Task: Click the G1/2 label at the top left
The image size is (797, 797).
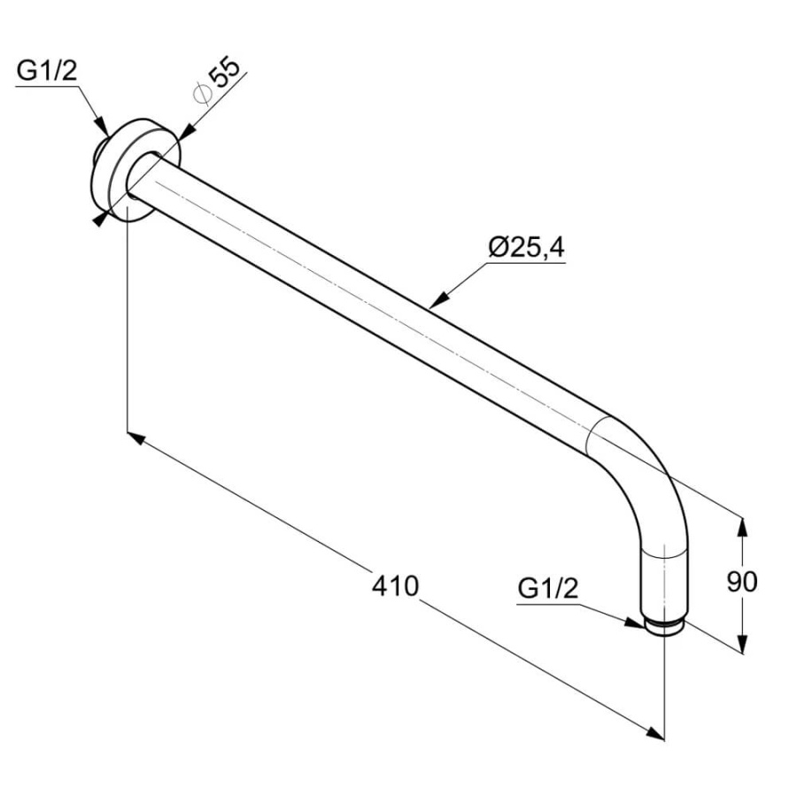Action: click(47, 71)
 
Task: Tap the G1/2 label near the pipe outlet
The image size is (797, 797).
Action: click(548, 589)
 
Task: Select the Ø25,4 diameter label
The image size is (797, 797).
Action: click(526, 248)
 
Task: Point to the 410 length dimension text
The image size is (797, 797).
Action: click(395, 585)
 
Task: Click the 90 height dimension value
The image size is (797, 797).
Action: click(741, 582)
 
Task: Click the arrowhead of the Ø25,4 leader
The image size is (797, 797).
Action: click(438, 300)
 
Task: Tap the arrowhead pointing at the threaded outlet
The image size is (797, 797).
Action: click(635, 623)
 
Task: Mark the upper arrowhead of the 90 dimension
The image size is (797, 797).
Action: click(743, 528)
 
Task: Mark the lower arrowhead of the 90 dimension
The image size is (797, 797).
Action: click(743, 643)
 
